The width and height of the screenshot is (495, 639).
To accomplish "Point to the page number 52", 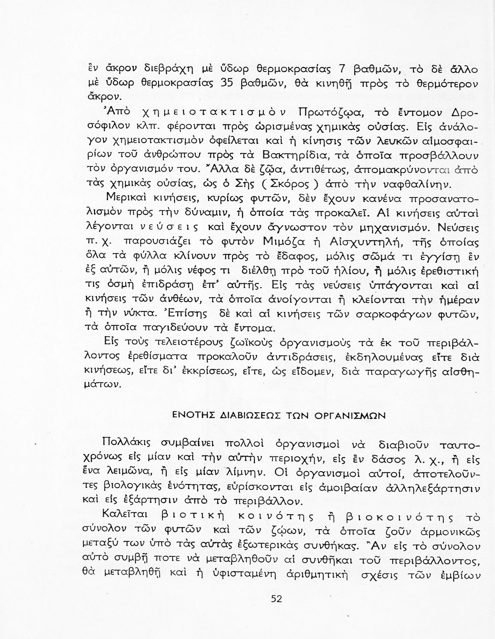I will pyautogui.click(x=276, y=599).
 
